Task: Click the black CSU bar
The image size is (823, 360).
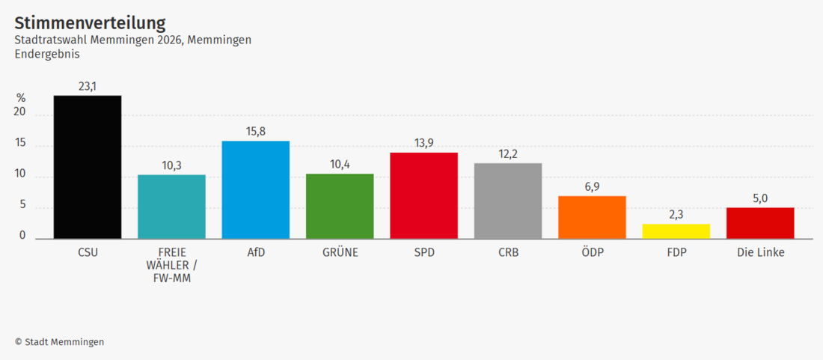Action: (88, 167)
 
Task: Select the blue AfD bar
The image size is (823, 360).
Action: (256, 189)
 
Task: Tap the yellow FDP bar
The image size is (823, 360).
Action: (676, 231)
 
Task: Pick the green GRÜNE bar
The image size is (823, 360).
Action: (340, 207)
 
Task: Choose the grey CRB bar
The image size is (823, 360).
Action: (508, 201)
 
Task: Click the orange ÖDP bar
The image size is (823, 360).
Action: (592, 217)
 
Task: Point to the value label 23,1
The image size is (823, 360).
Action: (88, 87)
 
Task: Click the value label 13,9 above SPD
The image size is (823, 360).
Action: (424, 143)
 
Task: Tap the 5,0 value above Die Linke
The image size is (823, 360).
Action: (760, 198)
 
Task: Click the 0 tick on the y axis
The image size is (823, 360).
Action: (22, 236)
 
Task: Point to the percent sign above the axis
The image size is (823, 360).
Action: (21, 98)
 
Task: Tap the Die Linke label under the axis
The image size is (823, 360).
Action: (761, 252)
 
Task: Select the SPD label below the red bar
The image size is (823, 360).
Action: (424, 252)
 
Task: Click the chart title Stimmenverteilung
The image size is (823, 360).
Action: (90, 23)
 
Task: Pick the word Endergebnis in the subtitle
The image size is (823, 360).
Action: (47, 54)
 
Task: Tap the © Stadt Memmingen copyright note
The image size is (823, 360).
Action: (59, 341)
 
